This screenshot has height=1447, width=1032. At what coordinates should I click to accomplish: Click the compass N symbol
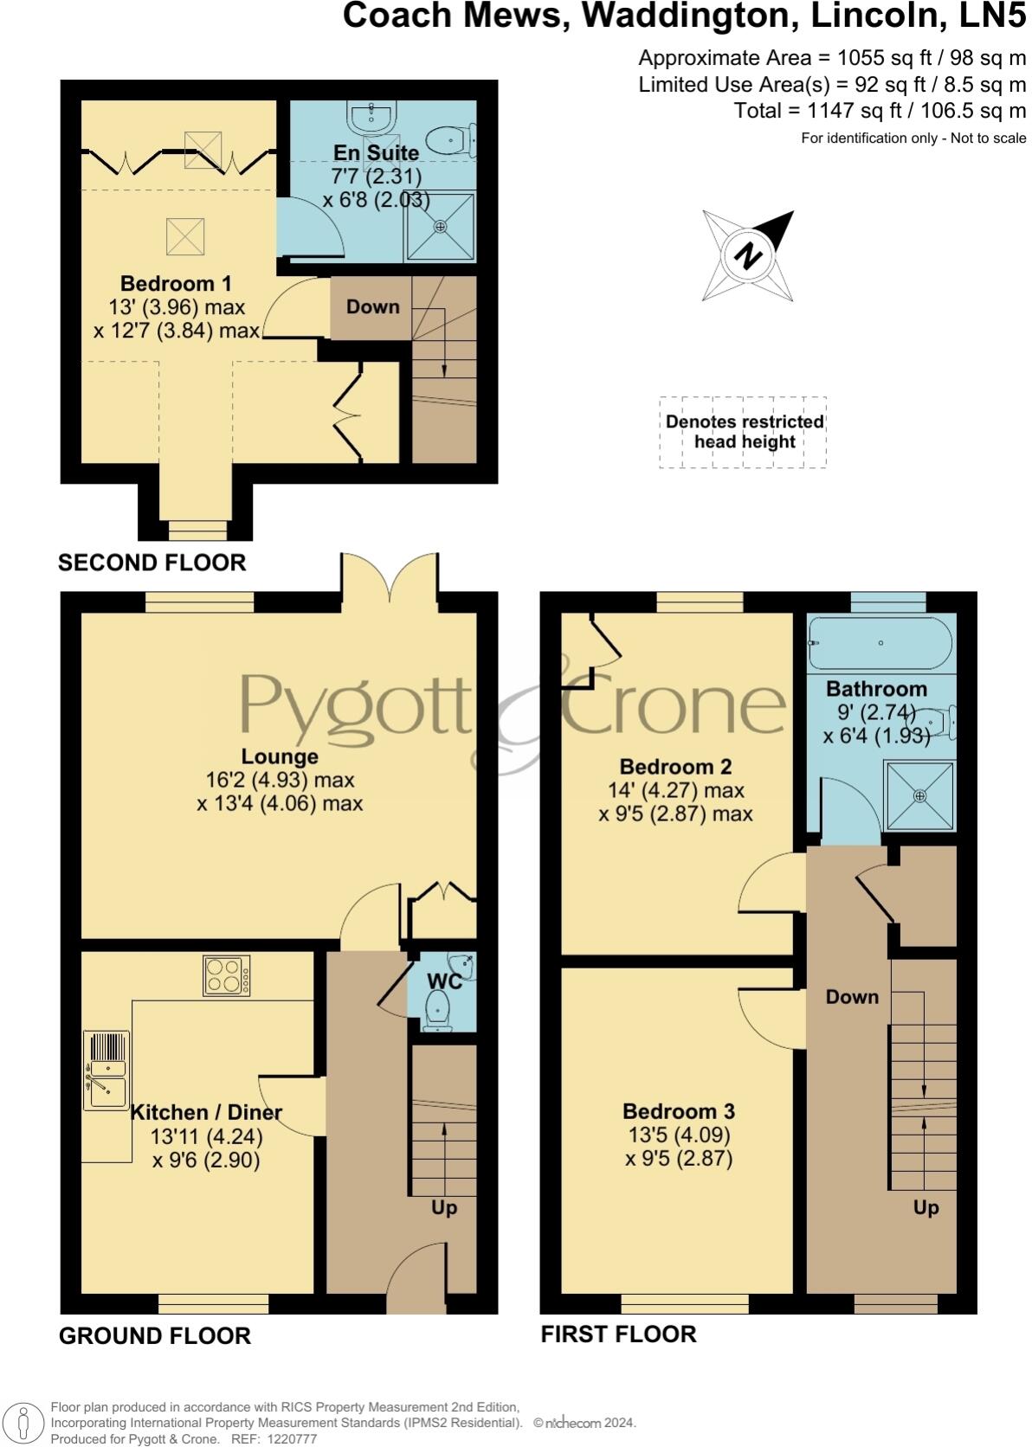pos(748,255)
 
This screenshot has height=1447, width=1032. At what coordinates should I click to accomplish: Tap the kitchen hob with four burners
pos(227,975)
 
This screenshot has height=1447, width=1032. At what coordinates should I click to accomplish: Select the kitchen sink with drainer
pos(106,1070)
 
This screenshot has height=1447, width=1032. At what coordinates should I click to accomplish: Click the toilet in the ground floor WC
pos(439,1010)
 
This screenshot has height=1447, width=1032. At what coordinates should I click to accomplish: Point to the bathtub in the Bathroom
pos(880,643)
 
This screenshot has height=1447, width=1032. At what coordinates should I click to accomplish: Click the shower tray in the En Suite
pos(441,226)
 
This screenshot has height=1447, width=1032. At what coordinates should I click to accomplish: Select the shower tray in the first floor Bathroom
pos(919,795)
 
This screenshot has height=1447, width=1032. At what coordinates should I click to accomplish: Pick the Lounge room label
pos(279,757)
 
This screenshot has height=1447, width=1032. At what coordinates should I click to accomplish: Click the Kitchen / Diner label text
pos(206,1112)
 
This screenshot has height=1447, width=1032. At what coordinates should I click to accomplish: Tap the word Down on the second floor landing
pos(372,306)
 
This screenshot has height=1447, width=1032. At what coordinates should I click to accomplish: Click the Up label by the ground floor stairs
pos(444,1207)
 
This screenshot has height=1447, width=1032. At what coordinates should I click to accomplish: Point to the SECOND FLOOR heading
pos(152,563)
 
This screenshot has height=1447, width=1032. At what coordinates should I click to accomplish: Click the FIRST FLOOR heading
pos(618,1334)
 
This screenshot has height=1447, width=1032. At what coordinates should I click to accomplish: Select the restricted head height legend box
pos(743,432)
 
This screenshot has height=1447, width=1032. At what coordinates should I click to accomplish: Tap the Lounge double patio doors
pos(390,576)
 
